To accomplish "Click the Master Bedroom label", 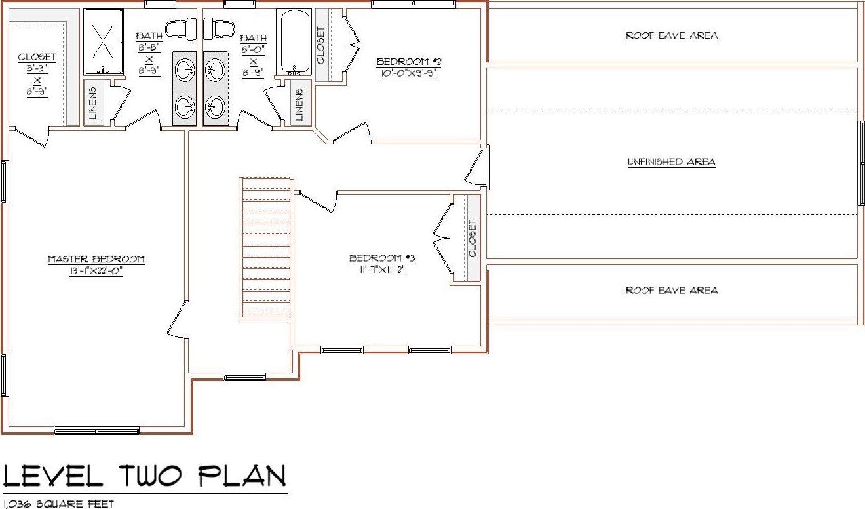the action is (96, 259).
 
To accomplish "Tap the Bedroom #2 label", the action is (409, 62).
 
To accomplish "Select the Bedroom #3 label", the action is (382, 258).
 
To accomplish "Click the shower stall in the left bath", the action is (104, 42).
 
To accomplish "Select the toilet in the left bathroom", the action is (181, 29).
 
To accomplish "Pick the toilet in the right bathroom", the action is (219, 28).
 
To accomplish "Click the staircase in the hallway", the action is (265, 249).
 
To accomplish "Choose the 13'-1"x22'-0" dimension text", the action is (96, 271).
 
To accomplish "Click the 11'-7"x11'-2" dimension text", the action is (382, 270).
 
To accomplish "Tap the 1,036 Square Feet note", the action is (58, 504).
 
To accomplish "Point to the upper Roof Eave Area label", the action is (672, 35).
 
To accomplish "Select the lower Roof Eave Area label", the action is (672, 291).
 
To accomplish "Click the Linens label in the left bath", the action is (92, 103).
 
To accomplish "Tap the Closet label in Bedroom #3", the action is (472, 239).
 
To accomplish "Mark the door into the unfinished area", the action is (477, 167).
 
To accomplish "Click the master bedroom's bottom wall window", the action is (96, 430).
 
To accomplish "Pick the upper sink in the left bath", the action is (185, 70).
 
